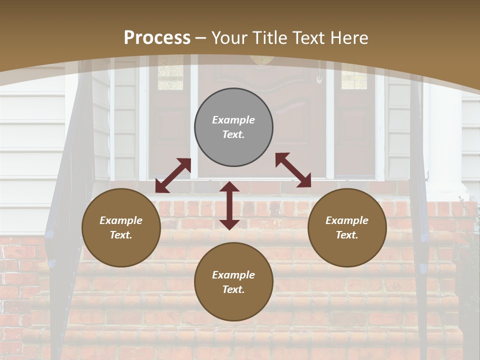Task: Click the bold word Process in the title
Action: [x=157, y=38]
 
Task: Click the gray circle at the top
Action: [x=233, y=127]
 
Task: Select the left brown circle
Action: [x=121, y=228]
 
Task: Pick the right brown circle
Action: [x=347, y=228]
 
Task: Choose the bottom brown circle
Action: [x=233, y=282]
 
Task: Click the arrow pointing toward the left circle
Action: [x=173, y=175]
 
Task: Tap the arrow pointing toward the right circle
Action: [x=293, y=170]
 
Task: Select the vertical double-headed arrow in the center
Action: [x=229, y=205]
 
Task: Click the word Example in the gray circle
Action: [x=233, y=120]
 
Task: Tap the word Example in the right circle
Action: [x=347, y=220]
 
